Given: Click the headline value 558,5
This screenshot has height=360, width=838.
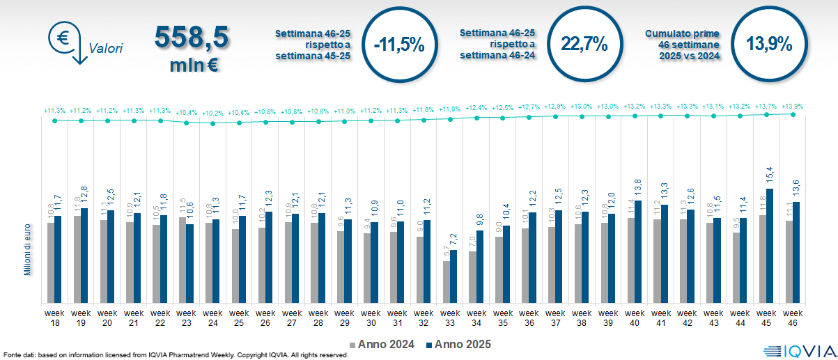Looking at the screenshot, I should point(192,38).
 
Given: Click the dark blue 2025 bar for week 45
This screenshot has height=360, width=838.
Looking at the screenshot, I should point(769,246).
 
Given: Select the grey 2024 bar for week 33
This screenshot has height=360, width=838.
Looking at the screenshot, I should point(447,282).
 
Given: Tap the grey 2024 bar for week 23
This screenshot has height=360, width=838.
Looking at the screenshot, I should point(183,260).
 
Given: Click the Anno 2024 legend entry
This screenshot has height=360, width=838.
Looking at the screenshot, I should point(382,344).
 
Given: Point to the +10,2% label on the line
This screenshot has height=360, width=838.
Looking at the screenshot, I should point(213,113).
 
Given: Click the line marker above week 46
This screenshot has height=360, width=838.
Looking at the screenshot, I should point(793,114).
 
